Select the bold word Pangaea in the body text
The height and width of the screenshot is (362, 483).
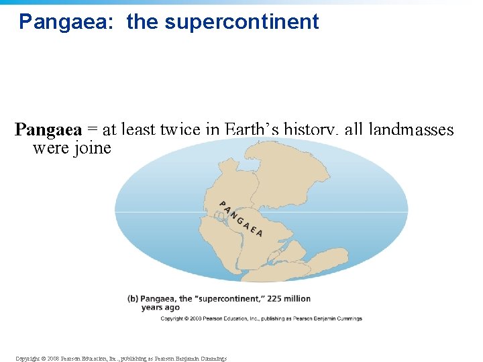coord(48,129)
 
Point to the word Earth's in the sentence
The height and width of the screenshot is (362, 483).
coord(252,129)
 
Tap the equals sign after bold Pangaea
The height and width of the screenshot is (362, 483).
coord(93,129)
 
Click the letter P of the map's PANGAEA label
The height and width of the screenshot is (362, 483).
coord(223,204)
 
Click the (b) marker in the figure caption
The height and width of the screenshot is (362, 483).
coord(134,298)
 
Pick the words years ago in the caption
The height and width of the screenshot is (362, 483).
coord(160,308)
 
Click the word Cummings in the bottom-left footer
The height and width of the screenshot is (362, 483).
coord(213,359)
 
